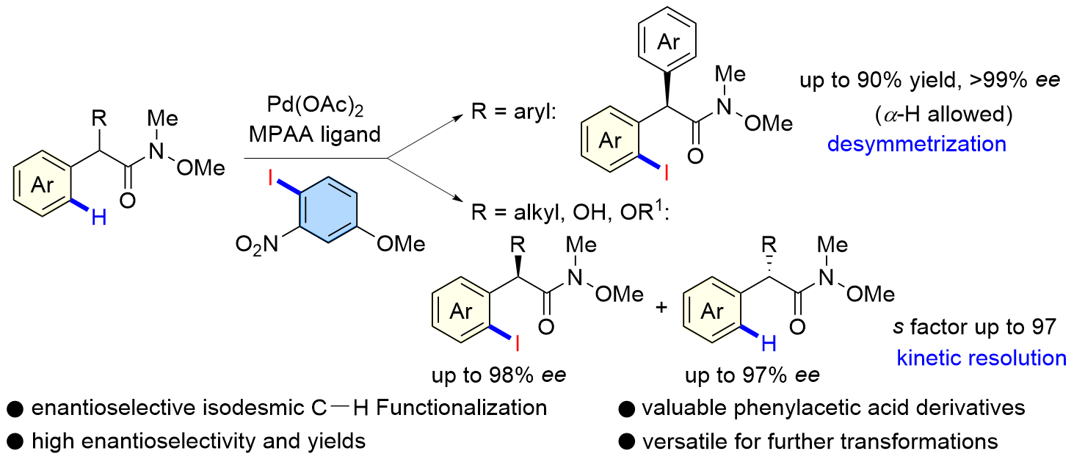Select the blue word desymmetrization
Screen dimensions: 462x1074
917,142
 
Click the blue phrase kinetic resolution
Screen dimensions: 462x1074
982,358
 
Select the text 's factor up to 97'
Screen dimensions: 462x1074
978,327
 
